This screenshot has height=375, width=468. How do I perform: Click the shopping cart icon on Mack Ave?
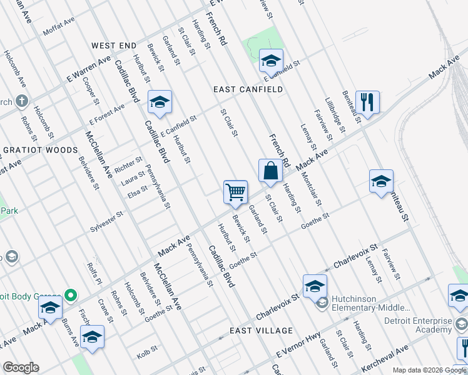[236, 192]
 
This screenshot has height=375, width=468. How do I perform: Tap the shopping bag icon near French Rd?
[270, 171]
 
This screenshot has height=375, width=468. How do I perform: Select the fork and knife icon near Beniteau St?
[367, 102]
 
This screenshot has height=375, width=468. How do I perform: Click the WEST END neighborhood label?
[113, 46]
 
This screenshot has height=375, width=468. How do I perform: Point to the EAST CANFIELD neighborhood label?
[248, 89]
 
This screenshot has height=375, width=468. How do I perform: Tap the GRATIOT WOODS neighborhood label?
[40, 151]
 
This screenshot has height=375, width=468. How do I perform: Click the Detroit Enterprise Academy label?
[418, 325]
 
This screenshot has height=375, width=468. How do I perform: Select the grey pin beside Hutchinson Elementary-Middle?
[322, 303]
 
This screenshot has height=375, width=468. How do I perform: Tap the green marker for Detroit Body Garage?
[71, 295]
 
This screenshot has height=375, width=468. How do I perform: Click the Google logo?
[21, 367]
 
